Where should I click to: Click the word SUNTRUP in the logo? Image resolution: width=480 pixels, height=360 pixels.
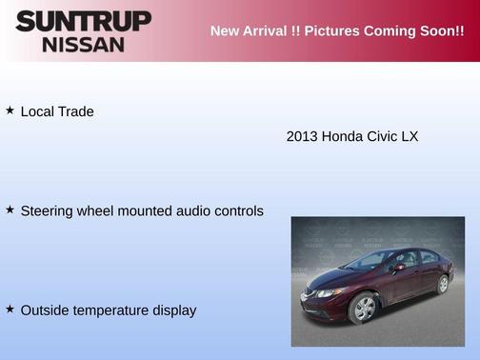coord(83,21)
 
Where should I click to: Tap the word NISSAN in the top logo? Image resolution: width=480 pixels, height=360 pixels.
coord(83,44)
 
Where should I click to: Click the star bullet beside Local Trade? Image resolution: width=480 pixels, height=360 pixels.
coord(10,110)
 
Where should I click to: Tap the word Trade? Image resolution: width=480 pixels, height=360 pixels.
coord(75,111)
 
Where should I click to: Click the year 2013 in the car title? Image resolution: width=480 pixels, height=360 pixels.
coord(302,136)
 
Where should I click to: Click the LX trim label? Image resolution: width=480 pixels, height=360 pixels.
coord(410,136)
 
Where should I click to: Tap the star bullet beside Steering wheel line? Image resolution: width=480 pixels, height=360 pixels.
coord(10,210)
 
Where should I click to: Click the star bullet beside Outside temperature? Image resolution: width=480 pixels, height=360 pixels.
coord(10,309)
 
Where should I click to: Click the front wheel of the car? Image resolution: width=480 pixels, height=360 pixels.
coord(363,308)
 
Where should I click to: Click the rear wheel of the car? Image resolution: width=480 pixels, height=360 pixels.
coord(442,284)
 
